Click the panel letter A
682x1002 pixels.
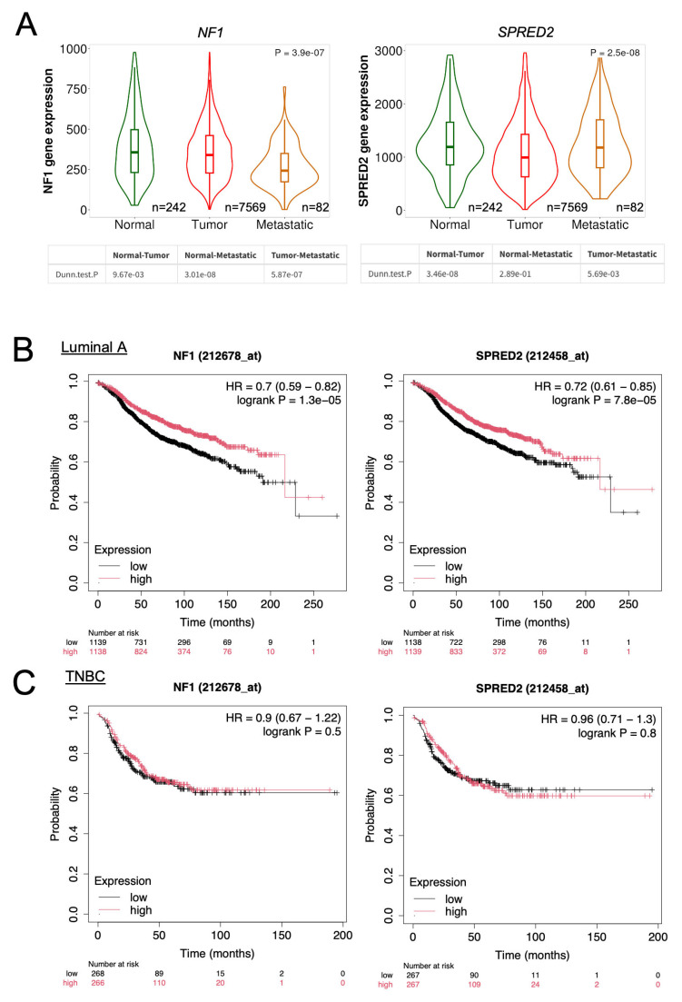tap(26, 24)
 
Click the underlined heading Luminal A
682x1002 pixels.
tap(94, 347)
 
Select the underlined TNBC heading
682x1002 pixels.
tap(85, 676)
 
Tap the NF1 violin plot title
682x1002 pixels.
tap(210, 33)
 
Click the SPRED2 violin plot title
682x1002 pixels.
tap(526, 32)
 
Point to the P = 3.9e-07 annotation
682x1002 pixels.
tap(300, 53)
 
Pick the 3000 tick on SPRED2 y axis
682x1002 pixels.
tap(389, 51)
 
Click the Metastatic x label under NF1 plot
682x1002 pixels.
tap(285, 224)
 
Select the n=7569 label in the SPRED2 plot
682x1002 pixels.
tap(567, 207)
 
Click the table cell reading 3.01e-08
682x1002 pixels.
tap(200, 274)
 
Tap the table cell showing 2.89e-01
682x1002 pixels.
tap(515, 273)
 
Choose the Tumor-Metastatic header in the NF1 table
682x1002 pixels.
tap(305, 255)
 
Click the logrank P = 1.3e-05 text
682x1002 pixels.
tap(289, 400)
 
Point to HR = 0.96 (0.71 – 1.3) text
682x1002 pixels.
tap(598, 719)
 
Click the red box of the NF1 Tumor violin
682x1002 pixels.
tap(210, 154)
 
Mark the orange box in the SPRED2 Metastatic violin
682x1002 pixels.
tap(599, 144)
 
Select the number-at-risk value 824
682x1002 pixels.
tap(141, 652)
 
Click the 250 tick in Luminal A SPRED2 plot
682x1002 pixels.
tap(628, 604)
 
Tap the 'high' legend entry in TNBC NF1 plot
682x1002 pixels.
tap(141, 910)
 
